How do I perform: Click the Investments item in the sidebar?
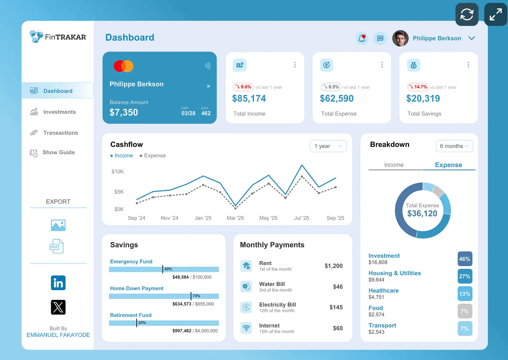(59, 112)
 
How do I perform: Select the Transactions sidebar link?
(60, 133)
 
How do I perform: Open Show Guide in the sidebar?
(58, 152)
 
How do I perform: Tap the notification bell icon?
(362, 38)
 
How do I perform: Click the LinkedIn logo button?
(58, 283)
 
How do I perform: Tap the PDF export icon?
(56, 246)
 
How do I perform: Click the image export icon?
(58, 225)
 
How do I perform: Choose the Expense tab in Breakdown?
(448, 165)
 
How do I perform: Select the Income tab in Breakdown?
(394, 165)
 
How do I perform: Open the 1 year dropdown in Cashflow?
(328, 146)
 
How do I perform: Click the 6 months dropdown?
(454, 146)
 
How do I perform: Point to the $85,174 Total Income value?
(249, 99)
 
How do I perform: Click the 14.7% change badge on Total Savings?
(417, 87)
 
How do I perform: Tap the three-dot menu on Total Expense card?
(382, 65)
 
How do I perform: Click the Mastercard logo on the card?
(123, 66)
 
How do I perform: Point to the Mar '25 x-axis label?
(235, 218)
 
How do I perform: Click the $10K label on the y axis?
(118, 172)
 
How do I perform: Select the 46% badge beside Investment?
(464, 259)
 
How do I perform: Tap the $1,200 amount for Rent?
(334, 266)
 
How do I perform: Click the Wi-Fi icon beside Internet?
(246, 328)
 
